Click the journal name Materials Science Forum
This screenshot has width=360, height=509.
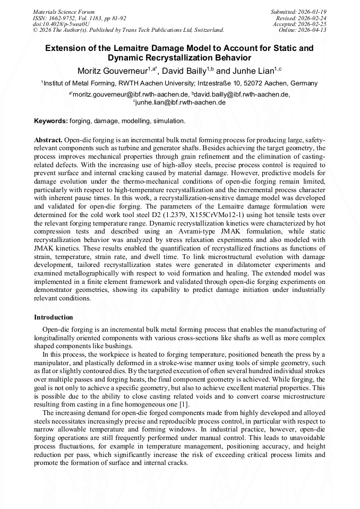click(x=64, y=12)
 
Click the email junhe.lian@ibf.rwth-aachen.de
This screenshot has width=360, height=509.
click(x=181, y=102)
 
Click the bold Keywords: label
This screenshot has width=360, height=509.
click(x=51, y=121)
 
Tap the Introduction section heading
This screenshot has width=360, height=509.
click(x=54, y=317)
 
